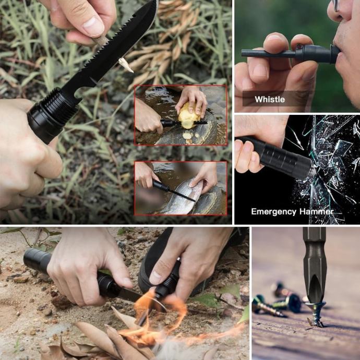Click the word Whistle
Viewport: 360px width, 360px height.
click(270, 100)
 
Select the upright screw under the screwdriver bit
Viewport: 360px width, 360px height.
click(316, 314)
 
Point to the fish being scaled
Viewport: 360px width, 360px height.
click(182, 197)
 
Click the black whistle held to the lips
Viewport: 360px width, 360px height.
click(291, 54)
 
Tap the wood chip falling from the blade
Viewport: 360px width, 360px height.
click(125, 65)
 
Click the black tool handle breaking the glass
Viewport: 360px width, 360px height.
click(274, 157)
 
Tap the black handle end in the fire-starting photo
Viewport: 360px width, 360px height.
click(37, 260)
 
